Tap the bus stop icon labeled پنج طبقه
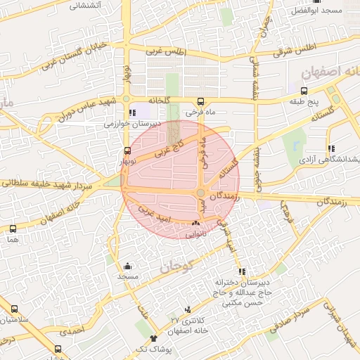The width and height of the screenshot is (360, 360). click(304, 91)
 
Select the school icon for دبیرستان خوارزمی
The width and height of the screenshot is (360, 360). click(133, 112)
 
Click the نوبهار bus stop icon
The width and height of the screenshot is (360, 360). click(127, 150)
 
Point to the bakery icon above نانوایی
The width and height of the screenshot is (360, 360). click(195, 223)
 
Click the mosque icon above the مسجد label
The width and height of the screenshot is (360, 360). click(127, 266)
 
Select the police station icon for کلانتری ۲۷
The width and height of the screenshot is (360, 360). click(187, 309)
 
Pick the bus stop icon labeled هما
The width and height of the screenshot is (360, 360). click(13, 229)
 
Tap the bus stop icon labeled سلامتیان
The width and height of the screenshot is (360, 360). click(14, 309)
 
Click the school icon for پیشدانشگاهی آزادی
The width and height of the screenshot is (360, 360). click(330, 148)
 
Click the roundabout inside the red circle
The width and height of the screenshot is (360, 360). click(201, 193)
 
